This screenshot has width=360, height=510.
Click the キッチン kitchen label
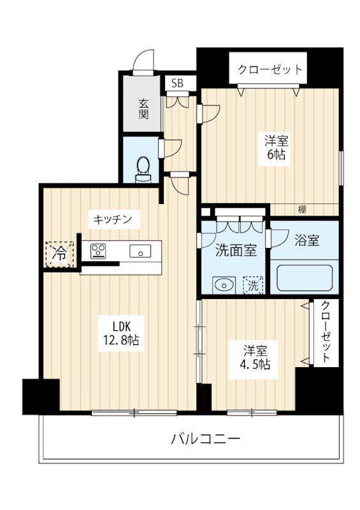pos(113,219)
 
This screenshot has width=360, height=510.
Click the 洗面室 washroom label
pos(235,251)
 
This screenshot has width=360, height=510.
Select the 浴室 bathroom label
pos(306,240)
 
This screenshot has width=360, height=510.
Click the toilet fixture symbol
pos(143,168)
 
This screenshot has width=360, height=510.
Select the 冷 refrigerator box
pos(59,253)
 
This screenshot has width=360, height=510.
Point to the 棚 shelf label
pos(300,210)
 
